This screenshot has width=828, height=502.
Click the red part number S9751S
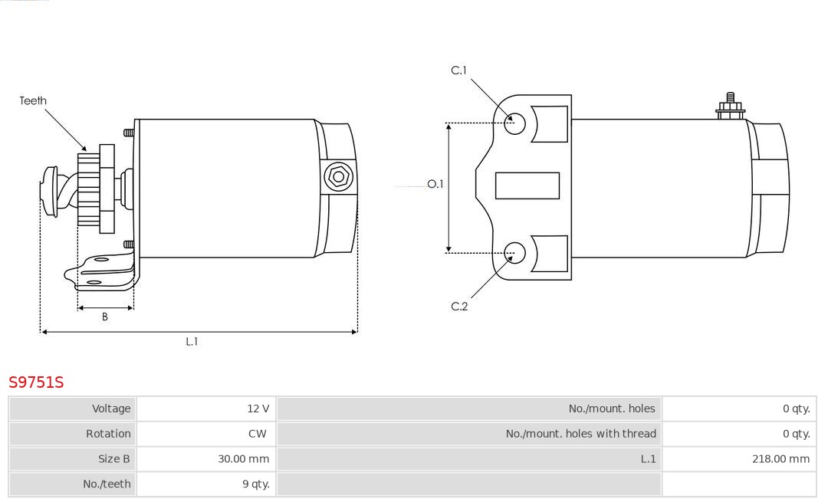pos(36,382)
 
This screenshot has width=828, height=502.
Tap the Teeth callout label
pos(33,100)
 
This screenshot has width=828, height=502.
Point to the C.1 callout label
pos(459,71)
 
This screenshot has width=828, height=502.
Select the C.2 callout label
pos(459,306)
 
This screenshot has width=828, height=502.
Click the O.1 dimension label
pos(435,184)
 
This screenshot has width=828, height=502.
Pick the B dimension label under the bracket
pos(104,317)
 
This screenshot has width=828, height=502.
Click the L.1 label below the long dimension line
pos(192,342)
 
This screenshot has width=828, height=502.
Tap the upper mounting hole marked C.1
pos(514,123)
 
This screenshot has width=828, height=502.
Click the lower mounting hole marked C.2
pos(514,253)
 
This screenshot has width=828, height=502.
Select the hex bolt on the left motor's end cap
pos(338,176)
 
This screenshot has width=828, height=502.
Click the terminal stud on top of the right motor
pos(731,106)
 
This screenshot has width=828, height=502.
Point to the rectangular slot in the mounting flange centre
pos(527,185)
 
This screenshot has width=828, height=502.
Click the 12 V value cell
pos(258,408)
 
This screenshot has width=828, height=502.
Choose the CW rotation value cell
pos(257,434)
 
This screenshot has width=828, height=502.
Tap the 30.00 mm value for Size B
pos(244,459)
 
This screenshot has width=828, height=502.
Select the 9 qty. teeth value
pos(256,484)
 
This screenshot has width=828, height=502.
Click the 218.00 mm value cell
pos(781,459)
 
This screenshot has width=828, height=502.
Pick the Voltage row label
pos(111,408)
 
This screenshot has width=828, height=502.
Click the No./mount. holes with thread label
pos(581,434)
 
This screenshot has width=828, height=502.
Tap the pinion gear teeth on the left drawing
pos(88,189)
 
